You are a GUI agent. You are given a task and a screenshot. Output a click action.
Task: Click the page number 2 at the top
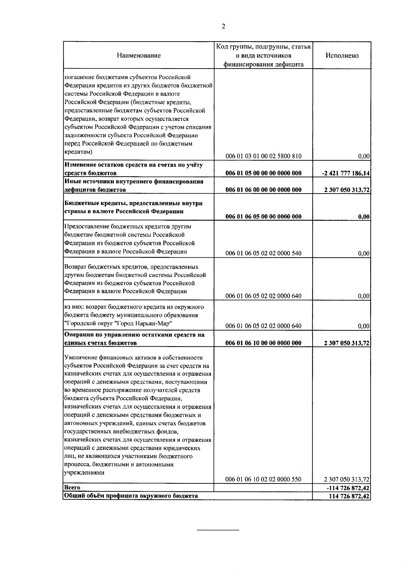(223, 27)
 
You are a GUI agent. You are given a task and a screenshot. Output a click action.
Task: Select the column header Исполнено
(342, 55)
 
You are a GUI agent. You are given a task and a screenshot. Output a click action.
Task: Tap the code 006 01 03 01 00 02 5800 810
(264, 156)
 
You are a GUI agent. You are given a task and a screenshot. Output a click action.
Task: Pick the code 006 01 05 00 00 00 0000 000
(264, 173)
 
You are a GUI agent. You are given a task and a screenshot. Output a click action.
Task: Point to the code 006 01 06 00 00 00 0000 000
(264, 190)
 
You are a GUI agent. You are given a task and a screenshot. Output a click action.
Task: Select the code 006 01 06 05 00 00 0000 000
(264, 217)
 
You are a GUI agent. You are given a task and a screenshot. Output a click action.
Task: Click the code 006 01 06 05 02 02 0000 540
(264, 253)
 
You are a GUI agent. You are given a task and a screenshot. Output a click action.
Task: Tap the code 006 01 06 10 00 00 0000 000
(264, 343)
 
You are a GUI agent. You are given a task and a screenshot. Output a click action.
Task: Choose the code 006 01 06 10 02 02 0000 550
(264, 480)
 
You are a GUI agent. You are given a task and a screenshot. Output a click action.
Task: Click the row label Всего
(72, 488)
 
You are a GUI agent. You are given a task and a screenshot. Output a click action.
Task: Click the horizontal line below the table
(218, 530)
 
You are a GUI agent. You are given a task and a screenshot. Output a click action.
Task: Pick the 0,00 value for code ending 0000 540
(364, 253)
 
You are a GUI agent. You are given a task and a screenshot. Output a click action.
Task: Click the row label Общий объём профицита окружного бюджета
(131, 496)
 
